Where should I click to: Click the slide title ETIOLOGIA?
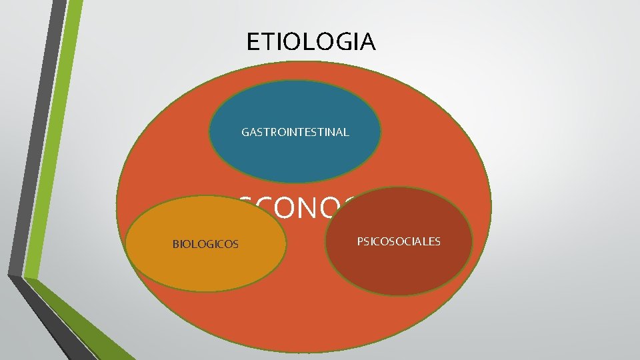[x=311, y=42]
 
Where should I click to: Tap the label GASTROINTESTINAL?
[x=295, y=132]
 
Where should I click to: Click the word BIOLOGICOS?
[x=205, y=244]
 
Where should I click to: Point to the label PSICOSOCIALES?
[x=399, y=241]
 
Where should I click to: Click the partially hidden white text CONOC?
[x=300, y=208]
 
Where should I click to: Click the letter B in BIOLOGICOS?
[x=175, y=244]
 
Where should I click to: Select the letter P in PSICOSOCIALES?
[x=360, y=241]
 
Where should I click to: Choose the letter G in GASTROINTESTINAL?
[x=245, y=132]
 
